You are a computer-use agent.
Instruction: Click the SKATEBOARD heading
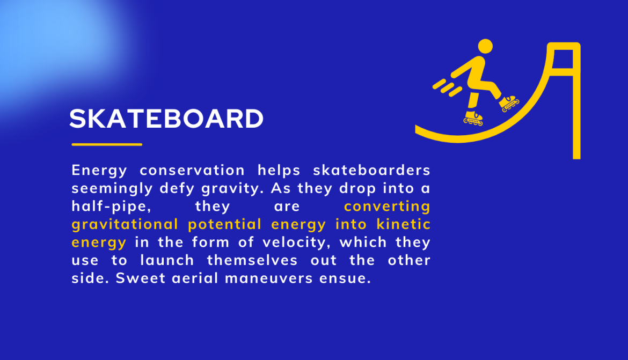coord(166,119)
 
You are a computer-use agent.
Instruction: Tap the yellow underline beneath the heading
coord(107,144)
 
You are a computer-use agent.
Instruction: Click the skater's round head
coord(485,46)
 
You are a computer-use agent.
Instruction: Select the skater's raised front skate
coord(509,103)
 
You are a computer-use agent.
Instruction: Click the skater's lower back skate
coord(473,119)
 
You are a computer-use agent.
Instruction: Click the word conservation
coord(192,170)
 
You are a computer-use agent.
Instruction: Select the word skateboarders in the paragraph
coord(371,170)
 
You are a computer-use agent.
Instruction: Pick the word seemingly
coord(112,189)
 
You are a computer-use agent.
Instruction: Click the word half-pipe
coord(111,207)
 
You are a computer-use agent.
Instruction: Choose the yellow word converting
coord(388,207)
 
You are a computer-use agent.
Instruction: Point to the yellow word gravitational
coord(125,225)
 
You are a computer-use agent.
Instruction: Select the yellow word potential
coord(225,225)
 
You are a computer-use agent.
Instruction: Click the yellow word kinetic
coord(403,224)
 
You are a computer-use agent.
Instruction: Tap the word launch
coord(167,260)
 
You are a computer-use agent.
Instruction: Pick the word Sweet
coord(141,278)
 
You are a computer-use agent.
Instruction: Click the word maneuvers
coord(269,278)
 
